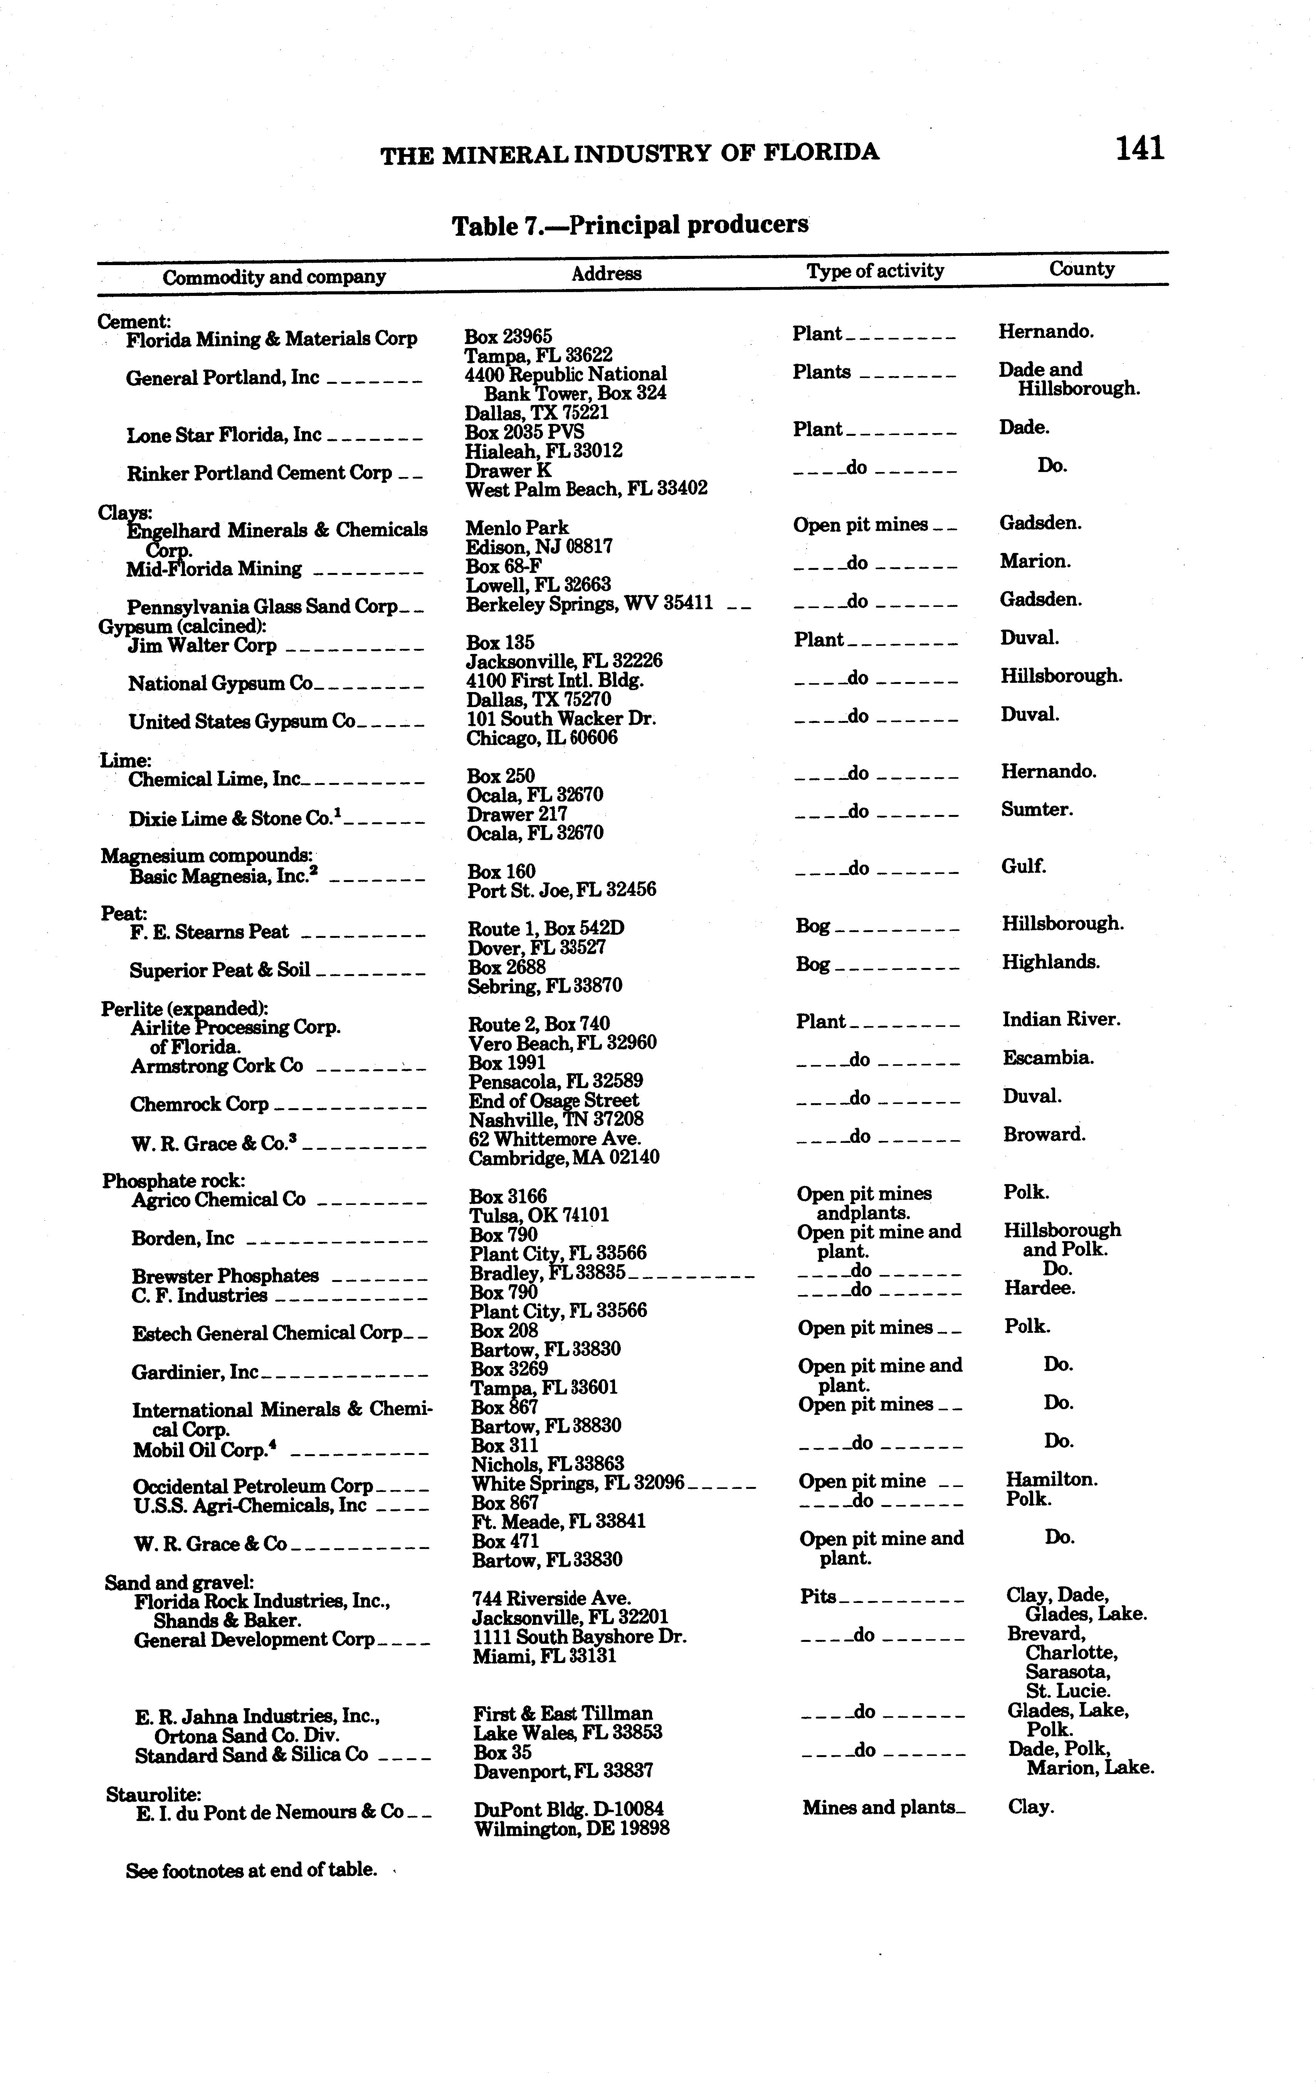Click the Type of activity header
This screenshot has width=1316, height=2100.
coord(875,270)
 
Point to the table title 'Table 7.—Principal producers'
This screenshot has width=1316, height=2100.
coord(629,225)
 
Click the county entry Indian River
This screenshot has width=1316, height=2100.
coord(1061,1019)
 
